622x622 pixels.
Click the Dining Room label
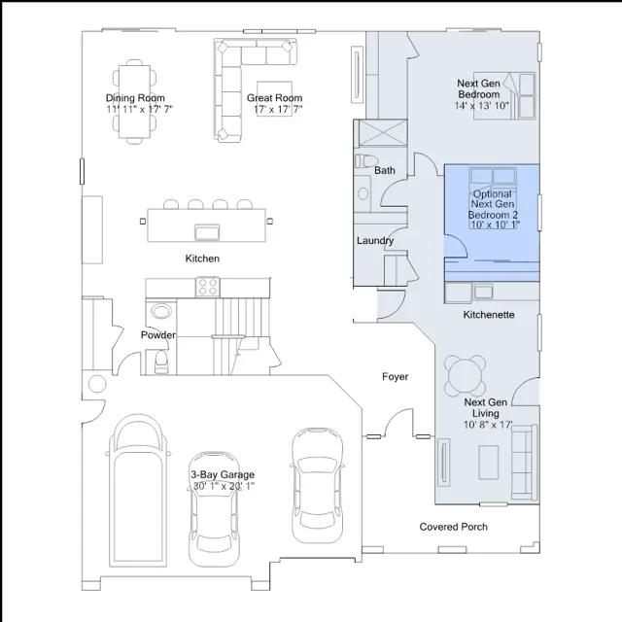pyautogui.click(x=135, y=98)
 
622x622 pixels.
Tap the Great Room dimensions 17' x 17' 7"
pyautogui.click(x=278, y=109)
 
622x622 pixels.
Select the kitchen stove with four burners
pyautogui.click(x=207, y=287)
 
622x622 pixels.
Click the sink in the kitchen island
pyautogui.click(x=207, y=232)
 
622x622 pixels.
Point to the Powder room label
pyautogui.click(x=158, y=335)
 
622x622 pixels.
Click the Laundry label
pyautogui.click(x=375, y=241)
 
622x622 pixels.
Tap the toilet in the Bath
pyautogui.click(x=364, y=161)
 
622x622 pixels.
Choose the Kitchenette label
pyautogui.click(x=489, y=315)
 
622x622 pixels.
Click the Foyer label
pyautogui.click(x=396, y=377)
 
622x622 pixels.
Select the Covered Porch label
pyautogui.click(x=454, y=527)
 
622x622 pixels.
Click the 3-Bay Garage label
pyautogui.click(x=223, y=474)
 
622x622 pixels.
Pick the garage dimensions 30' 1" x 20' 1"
pyautogui.click(x=224, y=486)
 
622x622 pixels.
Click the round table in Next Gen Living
pyautogui.click(x=466, y=375)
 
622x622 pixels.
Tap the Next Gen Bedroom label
pyautogui.click(x=478, y=88)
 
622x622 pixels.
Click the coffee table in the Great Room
pyautogui.click(x=274, y=98)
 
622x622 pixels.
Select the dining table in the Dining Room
pyautogui.click(x=134, y=101)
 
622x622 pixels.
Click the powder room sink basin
pyautogui.click(x=161, y=311)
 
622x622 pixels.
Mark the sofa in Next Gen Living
pyautogui.click(x=525, y=462)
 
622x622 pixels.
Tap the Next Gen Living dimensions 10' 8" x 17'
pyautogui.click(x=488, y=425)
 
